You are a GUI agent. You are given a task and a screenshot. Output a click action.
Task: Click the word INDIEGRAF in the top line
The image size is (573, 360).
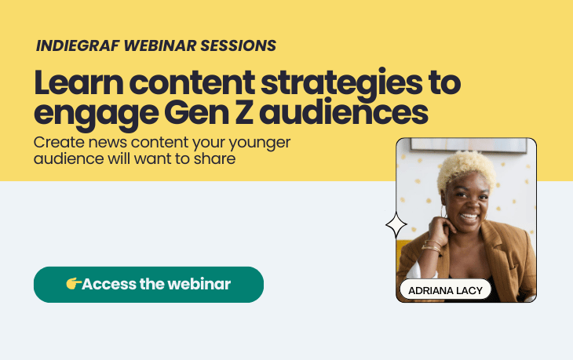(x=73, y=45)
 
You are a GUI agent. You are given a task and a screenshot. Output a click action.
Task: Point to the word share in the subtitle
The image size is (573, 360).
(x=217, y=158)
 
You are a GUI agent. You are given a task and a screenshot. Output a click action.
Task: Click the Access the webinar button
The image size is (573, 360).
(x=148, y=284)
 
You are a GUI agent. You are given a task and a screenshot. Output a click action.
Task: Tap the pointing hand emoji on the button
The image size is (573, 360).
(x=73, y=284)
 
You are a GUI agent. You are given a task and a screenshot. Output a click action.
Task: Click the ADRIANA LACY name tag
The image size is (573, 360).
(x=445, y=290)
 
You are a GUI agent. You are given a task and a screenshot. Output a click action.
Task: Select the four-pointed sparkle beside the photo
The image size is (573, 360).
(x=396, y=227)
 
